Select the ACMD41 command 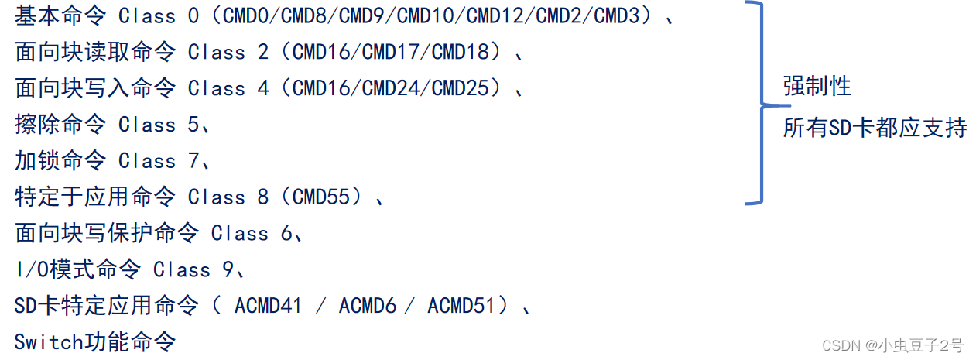coord(268,306)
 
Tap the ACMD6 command coord(367,306)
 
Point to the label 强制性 coord(817,86)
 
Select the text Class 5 coord(159,125)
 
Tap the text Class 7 coord(159,161)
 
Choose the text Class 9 coord(193,269)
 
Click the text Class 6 coord(252,233)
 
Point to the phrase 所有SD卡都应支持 coord(875,128)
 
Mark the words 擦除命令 coord(60,125)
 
